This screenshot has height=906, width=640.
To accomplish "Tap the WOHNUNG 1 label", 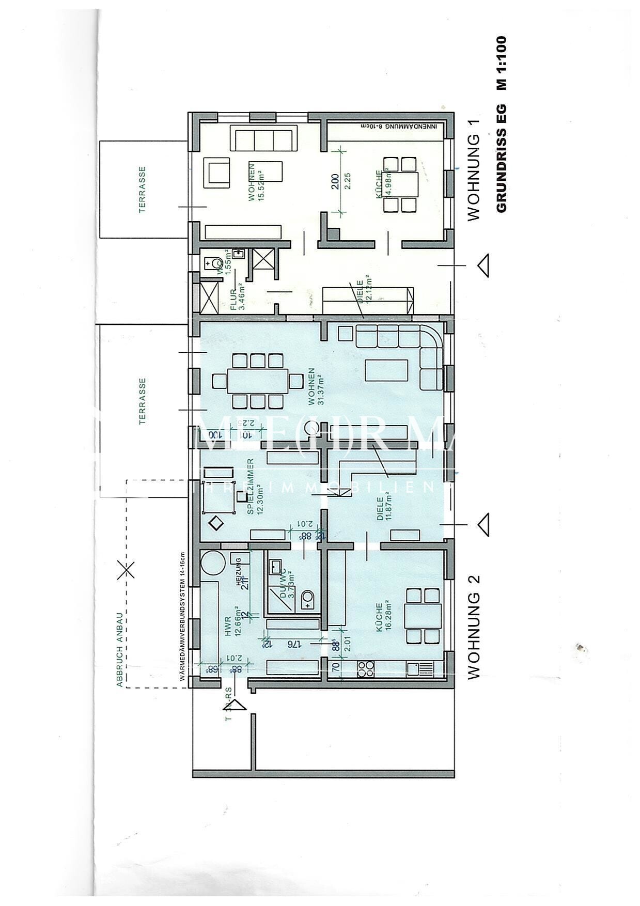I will (x=474, y=170).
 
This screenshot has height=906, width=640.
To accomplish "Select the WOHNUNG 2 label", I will (x=474, y=627).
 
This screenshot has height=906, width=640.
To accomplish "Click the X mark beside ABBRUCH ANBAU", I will (x=124, y=570).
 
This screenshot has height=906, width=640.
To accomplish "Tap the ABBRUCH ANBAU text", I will (x=119, y=649).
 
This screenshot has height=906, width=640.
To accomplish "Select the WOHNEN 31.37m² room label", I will (x=316, y=386).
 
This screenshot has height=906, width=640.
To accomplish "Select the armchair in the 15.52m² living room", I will (x=217, y=173).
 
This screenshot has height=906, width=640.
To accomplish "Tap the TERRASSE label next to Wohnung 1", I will (x=142, y=190).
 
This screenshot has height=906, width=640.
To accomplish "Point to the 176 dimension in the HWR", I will (x=293, y=644).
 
